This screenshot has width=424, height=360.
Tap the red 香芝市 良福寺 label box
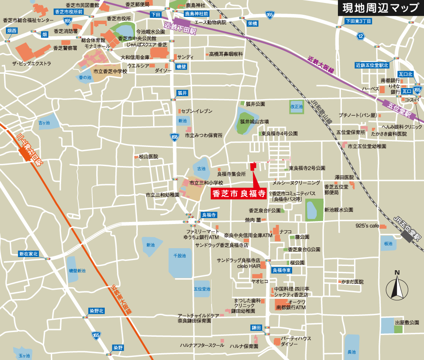pyautogui.click(x=239, y=194)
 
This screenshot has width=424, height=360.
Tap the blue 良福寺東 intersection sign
pyautogui.click(x=282, y=270)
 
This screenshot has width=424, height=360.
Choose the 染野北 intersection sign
pyautogui.click(x=96, y=310)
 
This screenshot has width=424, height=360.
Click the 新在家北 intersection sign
pyautogui.click(x=28, y=254)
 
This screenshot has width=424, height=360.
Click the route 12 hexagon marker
pyautogui.click(x=360, y=37)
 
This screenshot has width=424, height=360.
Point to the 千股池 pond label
pyautogui.click(x=180, y=256)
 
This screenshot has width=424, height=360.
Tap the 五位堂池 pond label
pyautogui.click(x=202, y=289)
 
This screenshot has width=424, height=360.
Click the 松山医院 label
pyautogui.click(x=148, y=157)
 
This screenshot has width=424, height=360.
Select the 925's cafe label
pyautogui.click(x=367, y=226)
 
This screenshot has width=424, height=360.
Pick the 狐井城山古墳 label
pyautogui.click(x=254, y=122)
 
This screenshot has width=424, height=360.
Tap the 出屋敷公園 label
pyautogui.click(x=407, y=323)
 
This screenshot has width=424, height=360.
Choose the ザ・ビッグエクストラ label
pyautogui.click(x=32, y=64)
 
